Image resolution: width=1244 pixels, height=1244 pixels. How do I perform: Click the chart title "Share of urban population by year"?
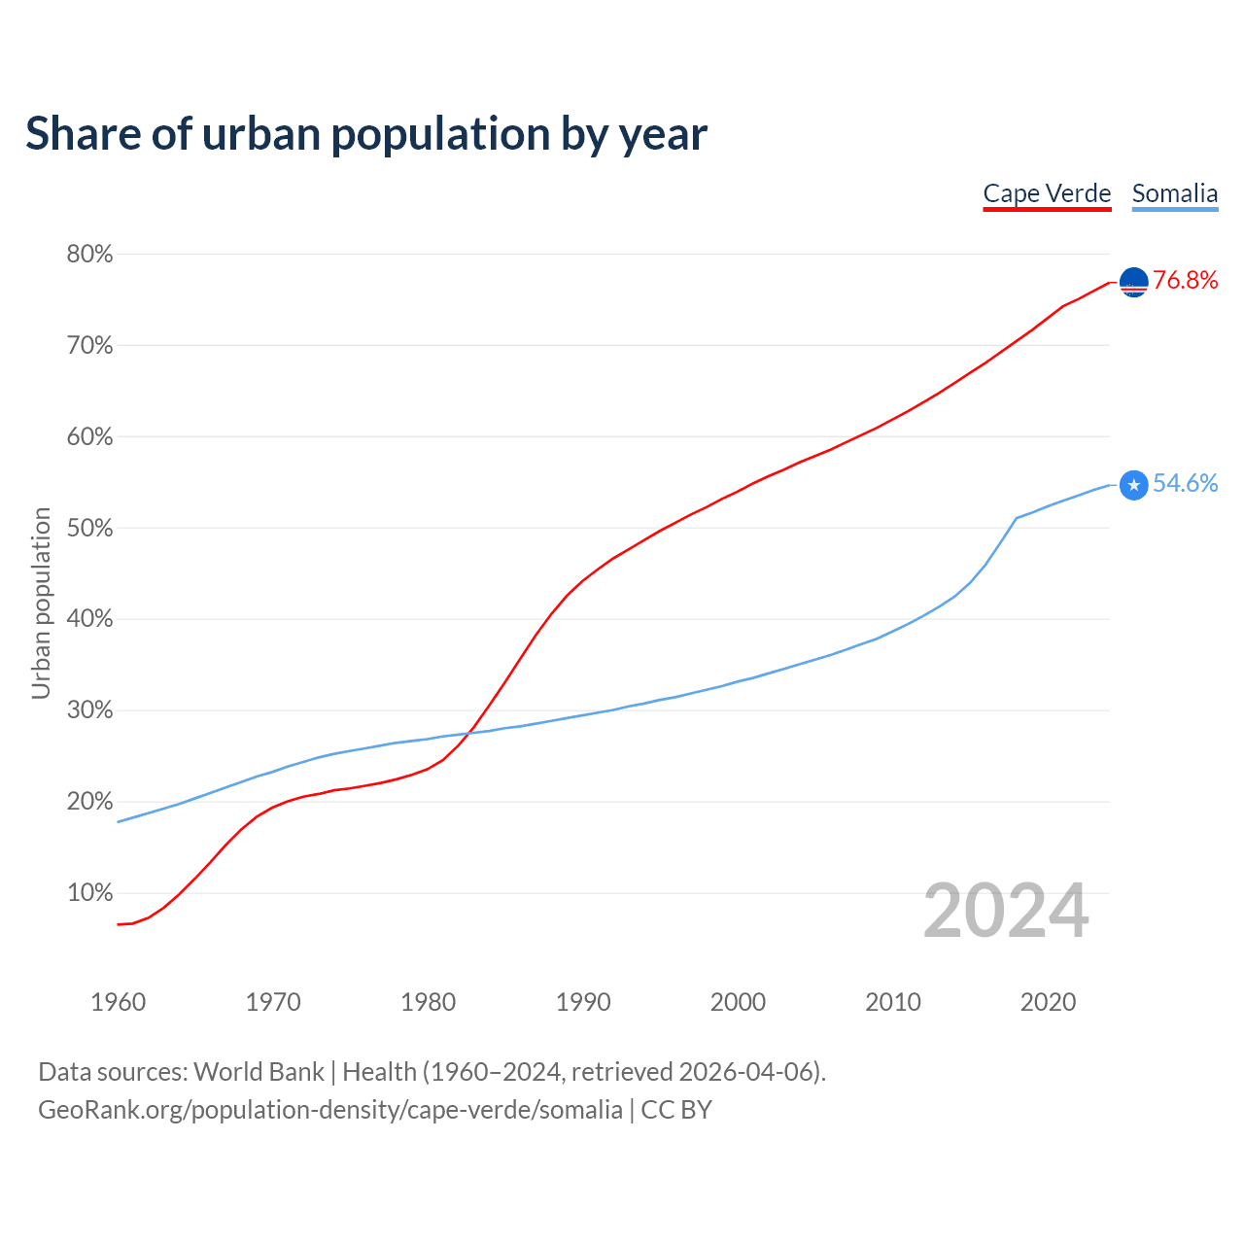pos(366,134)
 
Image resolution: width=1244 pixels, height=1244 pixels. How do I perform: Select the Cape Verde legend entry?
pos(1047,193)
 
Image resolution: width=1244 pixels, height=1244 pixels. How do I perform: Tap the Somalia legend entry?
pos(1174,193)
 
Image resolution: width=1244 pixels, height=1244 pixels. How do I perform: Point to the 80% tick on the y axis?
pos(89,255)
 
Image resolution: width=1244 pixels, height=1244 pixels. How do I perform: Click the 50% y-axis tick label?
pos(89,529)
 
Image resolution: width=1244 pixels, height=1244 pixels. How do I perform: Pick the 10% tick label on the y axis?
pos(89,893)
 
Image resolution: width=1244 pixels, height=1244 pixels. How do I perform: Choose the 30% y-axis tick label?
pos(89,710)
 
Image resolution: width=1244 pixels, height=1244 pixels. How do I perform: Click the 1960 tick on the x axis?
pos(118,1002)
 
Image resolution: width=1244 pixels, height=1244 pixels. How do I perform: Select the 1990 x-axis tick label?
pos(583,1002)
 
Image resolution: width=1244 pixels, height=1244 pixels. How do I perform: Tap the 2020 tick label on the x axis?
pos(1048,1002)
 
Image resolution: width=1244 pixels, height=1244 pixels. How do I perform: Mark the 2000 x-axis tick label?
pos(738,1002)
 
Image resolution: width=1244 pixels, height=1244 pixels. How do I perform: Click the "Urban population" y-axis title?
pos(41,603)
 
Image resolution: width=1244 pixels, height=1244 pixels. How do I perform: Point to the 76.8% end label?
pos(1185,281)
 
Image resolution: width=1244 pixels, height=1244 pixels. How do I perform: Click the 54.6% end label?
pos(1185,484)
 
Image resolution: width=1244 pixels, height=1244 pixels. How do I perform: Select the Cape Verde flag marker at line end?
pos(1134,282)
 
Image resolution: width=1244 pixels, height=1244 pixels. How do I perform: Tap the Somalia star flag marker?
pos(1134,485)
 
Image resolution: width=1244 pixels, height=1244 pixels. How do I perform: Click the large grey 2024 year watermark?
pos(1006,911)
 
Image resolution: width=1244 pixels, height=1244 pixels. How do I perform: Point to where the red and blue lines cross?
pos(470,732)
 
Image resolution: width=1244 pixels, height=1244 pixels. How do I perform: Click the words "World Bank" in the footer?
pos(259,1072)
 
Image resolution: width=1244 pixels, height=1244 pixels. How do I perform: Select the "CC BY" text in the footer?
pos(676,1110)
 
